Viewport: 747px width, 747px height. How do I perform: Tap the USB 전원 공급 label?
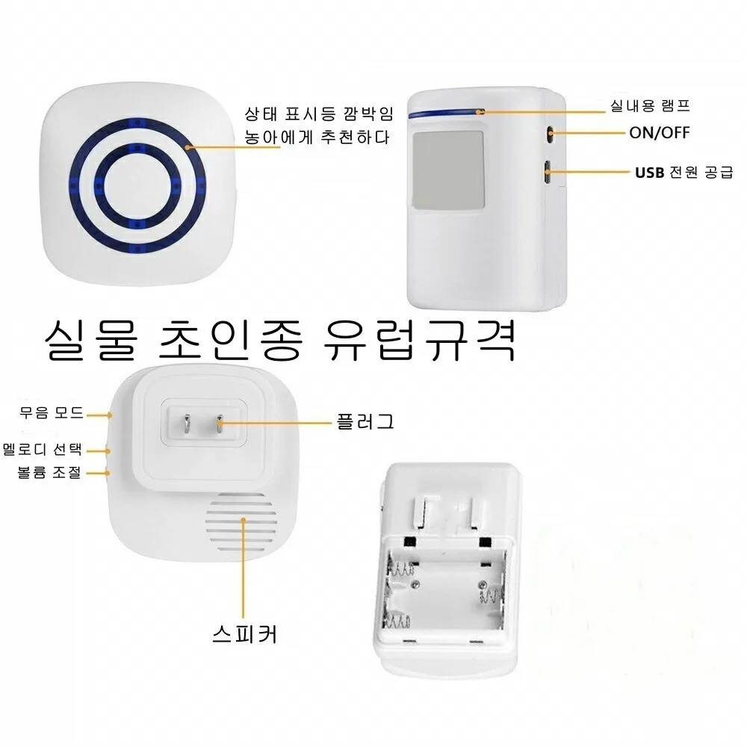[x=684, y=173]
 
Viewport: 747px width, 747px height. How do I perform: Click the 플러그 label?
[x=365, y=421]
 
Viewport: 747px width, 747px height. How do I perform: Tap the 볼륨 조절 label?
[x=49, y=472]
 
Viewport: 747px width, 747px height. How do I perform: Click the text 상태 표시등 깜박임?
[x=318, y=115]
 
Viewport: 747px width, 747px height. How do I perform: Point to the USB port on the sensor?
[x=548, y=173]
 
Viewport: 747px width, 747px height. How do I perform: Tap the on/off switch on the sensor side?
[x=551, y=134]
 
